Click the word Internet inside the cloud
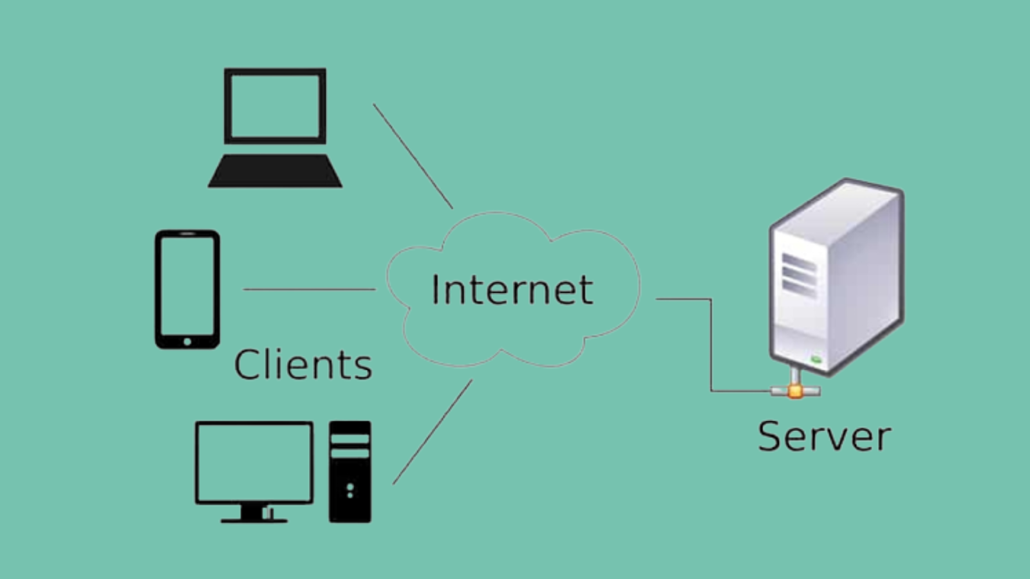512,289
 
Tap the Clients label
303,365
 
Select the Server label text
824,436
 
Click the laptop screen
275,106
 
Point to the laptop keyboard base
275,171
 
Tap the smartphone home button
187,342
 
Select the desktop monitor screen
254,461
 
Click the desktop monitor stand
254,513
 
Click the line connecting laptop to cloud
413,156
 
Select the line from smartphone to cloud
309,289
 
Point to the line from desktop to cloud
432,432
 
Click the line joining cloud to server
711,347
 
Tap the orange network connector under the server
796,391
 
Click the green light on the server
816,359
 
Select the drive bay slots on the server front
799,275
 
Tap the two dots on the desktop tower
350,491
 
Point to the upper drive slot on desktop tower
350,439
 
